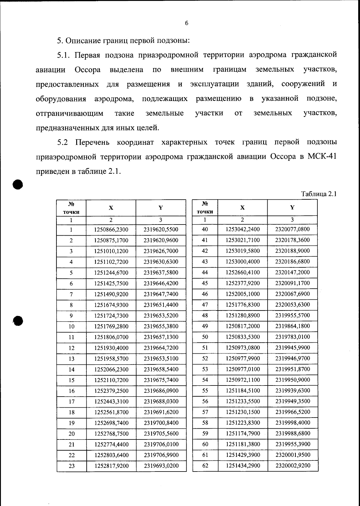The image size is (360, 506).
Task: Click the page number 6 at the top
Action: point(186,23)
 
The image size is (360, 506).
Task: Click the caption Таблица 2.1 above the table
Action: point(319,194)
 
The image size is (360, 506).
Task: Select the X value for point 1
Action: point(111,230)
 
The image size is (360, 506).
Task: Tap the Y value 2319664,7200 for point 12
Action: point(161,348)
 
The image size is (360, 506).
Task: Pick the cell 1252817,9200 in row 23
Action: point(111,466)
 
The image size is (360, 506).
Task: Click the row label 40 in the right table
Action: point(205,230)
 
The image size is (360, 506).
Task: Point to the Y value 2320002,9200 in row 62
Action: point(292,466)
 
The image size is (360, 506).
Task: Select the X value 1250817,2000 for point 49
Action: point(243,326)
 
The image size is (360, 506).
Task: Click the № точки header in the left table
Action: point(71,208)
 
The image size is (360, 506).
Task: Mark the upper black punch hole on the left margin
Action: point(18,184)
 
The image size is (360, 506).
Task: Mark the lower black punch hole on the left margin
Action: point(18,320)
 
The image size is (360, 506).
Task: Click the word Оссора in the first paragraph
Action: point(87,70)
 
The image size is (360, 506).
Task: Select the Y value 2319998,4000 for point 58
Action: point(292,423)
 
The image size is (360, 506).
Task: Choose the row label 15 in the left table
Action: point(71,380)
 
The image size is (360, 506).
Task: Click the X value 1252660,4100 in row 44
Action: point(243,272)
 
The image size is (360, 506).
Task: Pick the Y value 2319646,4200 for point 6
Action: point(161,283)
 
